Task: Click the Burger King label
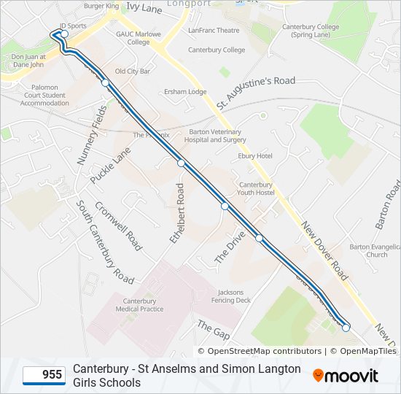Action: (x=101, y=6)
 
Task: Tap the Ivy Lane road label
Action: (x=144, y=7)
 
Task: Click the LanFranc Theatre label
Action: (x=214, y=31)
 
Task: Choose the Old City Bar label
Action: (x=133, y=72)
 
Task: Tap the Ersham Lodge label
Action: (x=185, y=92)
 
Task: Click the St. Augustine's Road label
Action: (x=255, y=91)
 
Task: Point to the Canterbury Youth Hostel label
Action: (x=255, y=189)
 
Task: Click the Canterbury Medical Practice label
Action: (x=139, y=305)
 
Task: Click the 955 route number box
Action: (x=43, y=375)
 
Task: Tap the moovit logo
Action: (x=346, y=375)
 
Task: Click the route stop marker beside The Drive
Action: (x=225, y=206)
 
